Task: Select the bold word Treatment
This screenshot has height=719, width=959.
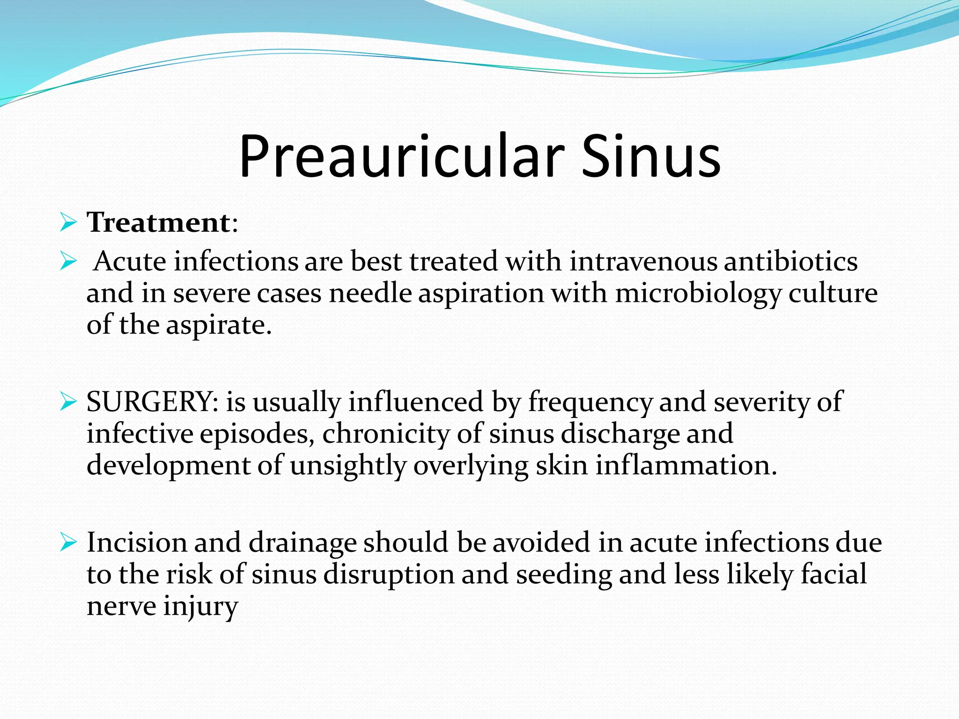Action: (x=158, y=222)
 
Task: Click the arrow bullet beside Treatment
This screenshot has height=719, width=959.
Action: (x=68, y=222)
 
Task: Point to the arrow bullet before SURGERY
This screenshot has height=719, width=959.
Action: (x=68, y=402)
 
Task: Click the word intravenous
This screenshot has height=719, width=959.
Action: (x=643, y=261)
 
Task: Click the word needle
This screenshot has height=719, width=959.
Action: (x=370, y=293)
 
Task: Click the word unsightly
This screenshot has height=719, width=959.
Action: (x=348, y=466)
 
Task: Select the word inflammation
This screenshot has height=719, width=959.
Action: (x=686, y=465)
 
